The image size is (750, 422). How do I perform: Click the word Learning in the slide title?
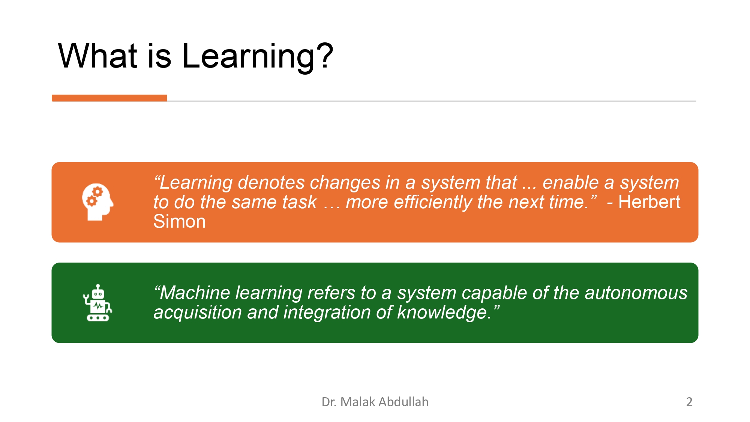point(247,56)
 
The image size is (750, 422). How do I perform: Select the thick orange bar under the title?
point(109,98)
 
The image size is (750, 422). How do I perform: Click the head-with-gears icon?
point(97,202)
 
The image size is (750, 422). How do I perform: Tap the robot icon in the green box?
point(97,303)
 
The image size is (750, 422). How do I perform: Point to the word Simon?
point(179,221)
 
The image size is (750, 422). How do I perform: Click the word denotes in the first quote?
point(271,183)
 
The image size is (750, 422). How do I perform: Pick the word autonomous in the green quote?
point(636,293)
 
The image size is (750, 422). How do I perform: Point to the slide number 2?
point(689,402)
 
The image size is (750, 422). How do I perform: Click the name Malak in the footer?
point(358,402)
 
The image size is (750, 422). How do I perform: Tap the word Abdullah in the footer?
point(403,402)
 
